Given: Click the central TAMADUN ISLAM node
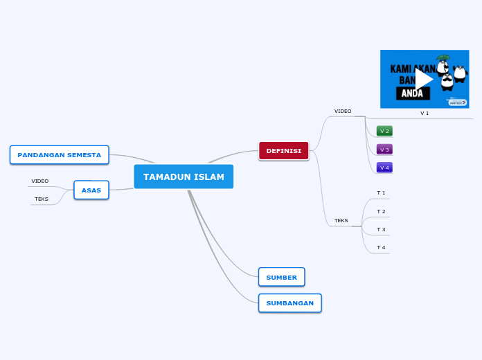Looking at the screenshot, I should click(184, 177).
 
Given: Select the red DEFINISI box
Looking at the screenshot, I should click(283, 151).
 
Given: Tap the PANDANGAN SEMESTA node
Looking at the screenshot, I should click(60, 155).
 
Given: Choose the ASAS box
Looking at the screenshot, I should click(91, 190).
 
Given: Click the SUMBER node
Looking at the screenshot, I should click(281, 277).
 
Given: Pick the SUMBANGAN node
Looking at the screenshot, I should click(289, 303).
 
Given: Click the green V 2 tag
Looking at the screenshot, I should click(384, 131).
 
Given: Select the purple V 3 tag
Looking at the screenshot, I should click(384, 150).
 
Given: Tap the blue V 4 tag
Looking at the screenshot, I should click(384, 168).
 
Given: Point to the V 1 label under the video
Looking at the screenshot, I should click(425, 113).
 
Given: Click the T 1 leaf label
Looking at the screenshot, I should click(381, 192).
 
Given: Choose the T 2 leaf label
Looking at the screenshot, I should click(381, 211).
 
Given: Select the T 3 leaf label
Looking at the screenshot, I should click(381, 229).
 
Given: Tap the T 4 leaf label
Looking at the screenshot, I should click(381, 247).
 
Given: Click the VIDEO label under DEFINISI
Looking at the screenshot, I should click(343, 111).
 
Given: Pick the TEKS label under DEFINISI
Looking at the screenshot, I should click(341, 221).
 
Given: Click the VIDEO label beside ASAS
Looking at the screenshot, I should click(40, 181).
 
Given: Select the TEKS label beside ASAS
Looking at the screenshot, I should click(42, 199).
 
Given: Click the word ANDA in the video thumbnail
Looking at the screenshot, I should click(412, 93).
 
